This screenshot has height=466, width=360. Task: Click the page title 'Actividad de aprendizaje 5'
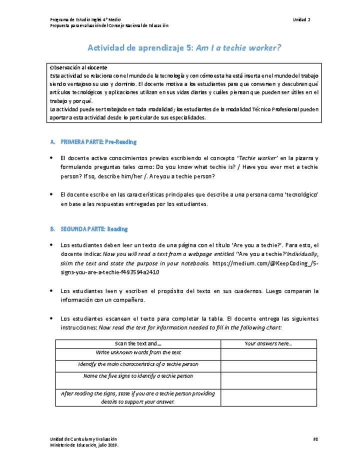point(140,48)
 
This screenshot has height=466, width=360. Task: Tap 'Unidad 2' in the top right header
point(301,19)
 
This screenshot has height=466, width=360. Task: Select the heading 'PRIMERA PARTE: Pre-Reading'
point(98,142)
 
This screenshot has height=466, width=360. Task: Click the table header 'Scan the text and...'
point(137,343)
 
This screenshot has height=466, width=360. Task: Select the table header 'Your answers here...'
point(268,343)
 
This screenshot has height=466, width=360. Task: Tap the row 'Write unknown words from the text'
point(137,353)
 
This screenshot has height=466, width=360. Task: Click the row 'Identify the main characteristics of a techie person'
point(137,364)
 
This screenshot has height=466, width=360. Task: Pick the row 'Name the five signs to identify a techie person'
point(137,376)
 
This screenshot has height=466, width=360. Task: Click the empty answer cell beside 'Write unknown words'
point(268,354)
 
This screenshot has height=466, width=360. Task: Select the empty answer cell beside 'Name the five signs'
point(268,380)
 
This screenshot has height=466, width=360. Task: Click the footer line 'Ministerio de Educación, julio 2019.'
point(84,444)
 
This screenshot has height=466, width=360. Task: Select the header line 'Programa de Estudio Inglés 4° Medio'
point(85,19)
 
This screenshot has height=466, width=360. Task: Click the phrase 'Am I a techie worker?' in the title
point(238,48)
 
